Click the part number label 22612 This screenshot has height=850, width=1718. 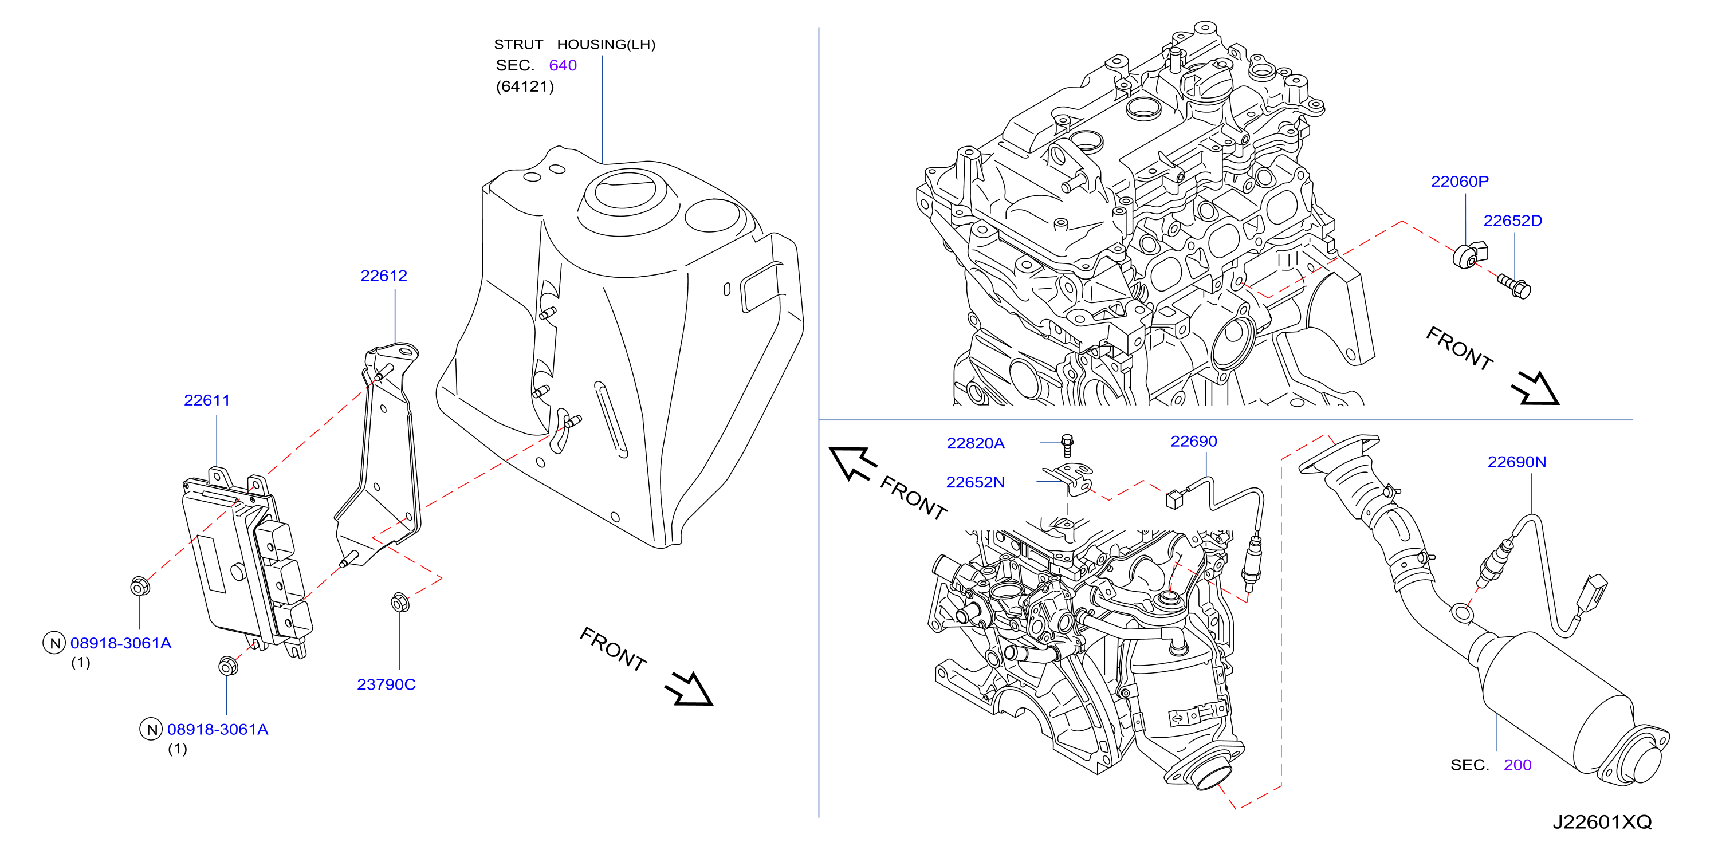point(383,276)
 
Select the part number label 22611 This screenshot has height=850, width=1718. point(207,400)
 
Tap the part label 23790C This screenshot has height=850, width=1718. point(386,684)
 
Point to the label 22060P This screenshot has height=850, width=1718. point(1459,182)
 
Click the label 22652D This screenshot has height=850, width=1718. point(1512,221)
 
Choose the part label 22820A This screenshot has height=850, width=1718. point(975,443)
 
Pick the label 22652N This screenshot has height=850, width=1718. point(975,482)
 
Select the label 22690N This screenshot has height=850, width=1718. point(1516,462)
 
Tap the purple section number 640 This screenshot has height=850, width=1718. point(563,65)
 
